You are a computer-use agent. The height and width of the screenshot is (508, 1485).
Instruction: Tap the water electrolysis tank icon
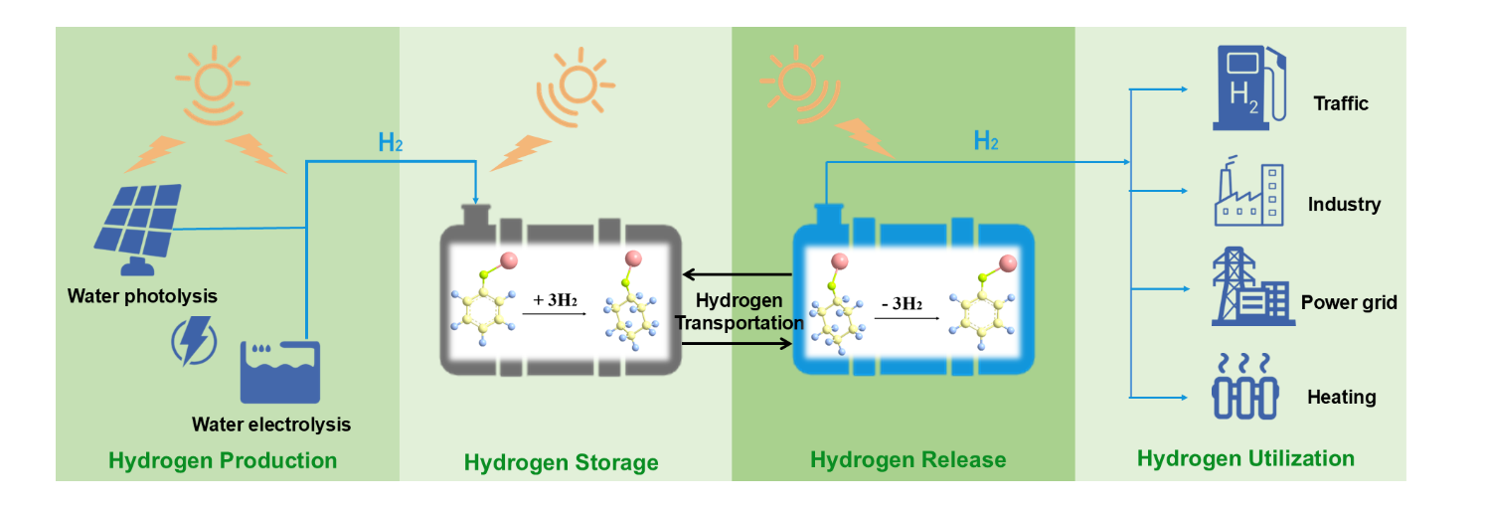[x=280, y=371]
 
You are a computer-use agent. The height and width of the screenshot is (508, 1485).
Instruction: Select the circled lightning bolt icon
[x=194, y=340]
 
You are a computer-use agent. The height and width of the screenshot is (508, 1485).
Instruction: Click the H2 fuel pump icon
[x=1249, y=86]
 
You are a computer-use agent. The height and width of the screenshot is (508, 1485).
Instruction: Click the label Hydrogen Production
[x=223, y=460]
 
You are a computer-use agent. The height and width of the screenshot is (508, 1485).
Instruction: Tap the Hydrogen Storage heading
[x=561, y=462]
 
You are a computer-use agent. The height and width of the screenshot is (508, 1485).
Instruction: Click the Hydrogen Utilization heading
[x=1245, y=458]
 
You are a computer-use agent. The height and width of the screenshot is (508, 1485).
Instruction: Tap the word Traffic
[x=1340, y=103]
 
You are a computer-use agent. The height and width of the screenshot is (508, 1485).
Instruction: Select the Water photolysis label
[x=142, y=296]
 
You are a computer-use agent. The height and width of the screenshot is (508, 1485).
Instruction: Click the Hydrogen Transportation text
[x=739, y=311]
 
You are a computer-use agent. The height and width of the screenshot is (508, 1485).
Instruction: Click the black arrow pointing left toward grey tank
[x=737, y=274]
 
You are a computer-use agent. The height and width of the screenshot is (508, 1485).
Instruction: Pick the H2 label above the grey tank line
[x=391, y=143]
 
